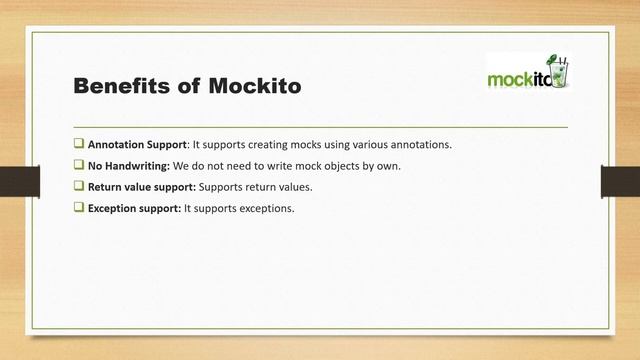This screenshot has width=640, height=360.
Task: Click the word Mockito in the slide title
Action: [x=255, y=87]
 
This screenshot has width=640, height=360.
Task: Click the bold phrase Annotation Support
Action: [x=137, y=144]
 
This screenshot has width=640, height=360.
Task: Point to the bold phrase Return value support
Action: [x=142, y=187]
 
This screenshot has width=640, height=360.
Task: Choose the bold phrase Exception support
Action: [x=134, y=208]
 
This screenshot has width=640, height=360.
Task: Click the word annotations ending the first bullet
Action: [x=418, y=144]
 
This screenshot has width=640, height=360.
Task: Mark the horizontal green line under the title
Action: [x=320, y=128]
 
